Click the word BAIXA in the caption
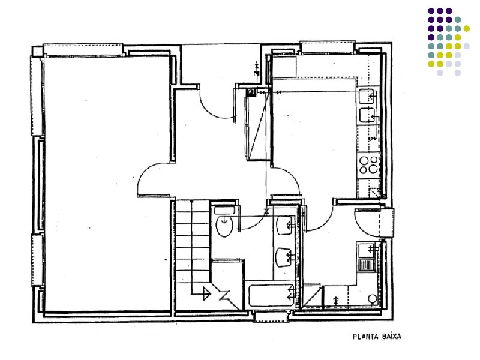click(x=392, y=337)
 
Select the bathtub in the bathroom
click(x=271, y=295)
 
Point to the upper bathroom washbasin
click(x=284, y=226)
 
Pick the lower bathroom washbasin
click(x=283, y=257)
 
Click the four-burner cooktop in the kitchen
click(x=368, y=165)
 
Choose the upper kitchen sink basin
click(x=367, y=96)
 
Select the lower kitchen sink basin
click(x=367, y=115)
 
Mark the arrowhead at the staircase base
click(x=207, y=293)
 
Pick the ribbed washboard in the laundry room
click(x=366, y=265)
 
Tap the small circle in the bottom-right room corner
click(x=373, y=298)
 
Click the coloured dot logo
click(x=449, y=41)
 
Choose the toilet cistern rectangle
click(x=224, y=211)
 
